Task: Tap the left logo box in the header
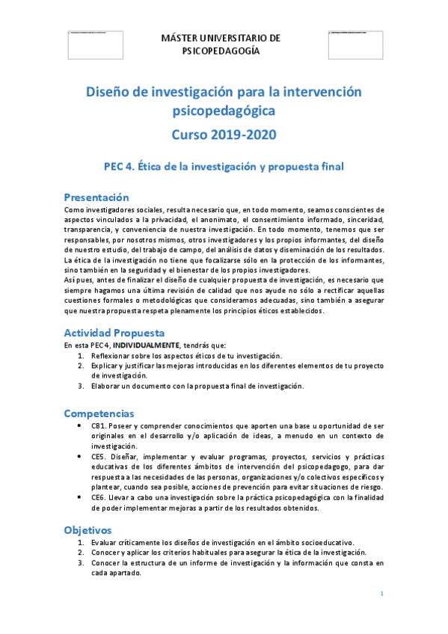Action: click(95, 43)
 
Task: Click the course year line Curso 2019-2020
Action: click(224, 135)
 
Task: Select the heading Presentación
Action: click(96, 197)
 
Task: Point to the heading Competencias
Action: click(99, 413)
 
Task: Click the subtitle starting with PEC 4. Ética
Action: click(224, 167)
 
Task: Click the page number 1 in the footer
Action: click(381, 594)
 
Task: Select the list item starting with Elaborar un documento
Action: click(197, 386)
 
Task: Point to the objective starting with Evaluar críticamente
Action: click(222, 542)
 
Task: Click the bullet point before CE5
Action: click(80, 456)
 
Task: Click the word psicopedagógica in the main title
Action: click(224, 111)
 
